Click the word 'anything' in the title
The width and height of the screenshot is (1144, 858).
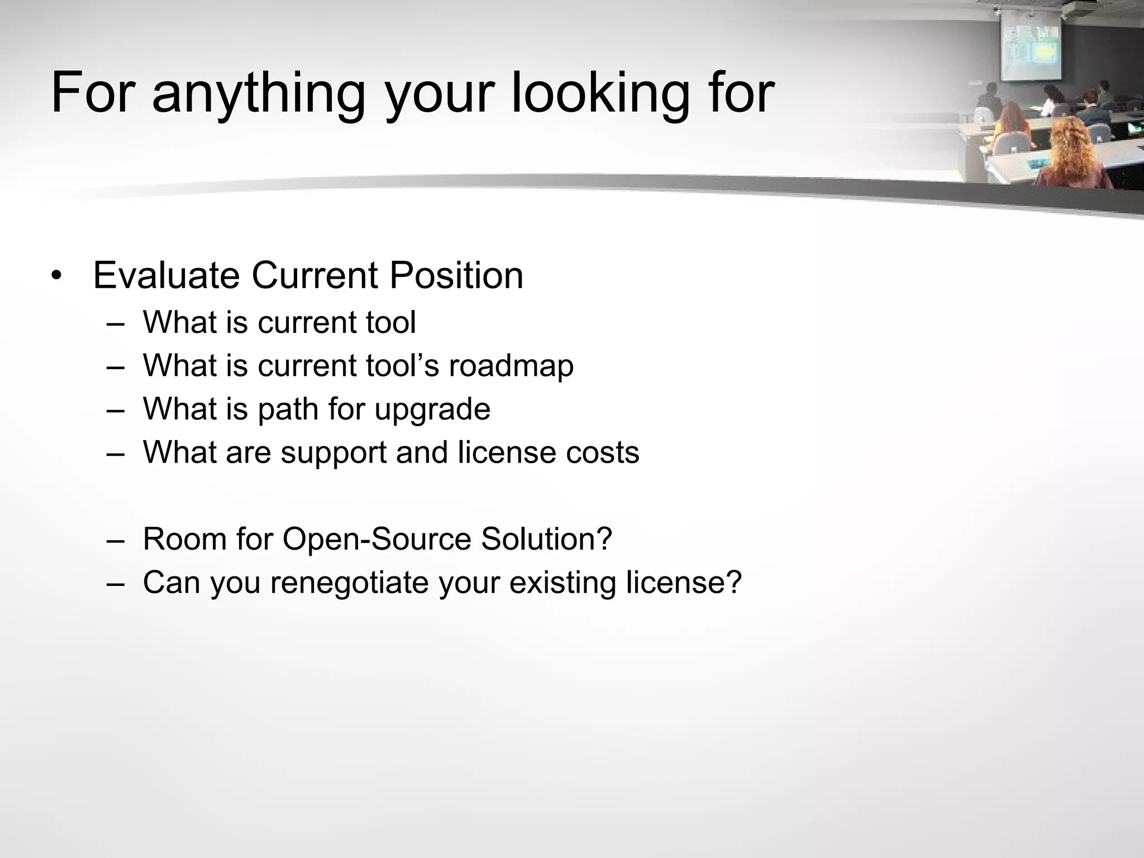[x=259, y=94]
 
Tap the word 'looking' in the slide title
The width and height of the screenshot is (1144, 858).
[x=600, y=94]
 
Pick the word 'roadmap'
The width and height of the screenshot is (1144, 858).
[x=511, y=366]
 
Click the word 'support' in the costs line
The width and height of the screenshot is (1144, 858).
[x=333, y=453]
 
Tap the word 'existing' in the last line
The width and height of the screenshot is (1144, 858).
[x=563, y=583]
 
